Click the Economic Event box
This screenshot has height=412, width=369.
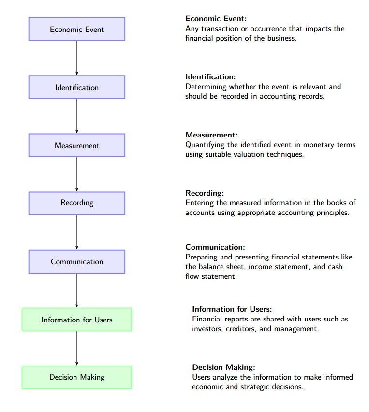tap(77, 29)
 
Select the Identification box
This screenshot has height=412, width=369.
tap(77, 87)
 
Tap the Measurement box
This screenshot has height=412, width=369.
tap(77, 145)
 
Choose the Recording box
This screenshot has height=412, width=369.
tap(77, 203)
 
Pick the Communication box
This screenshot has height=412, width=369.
tap(77, 261)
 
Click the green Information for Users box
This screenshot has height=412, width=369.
tap(77, 320)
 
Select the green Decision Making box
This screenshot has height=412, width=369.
tap(77, 377)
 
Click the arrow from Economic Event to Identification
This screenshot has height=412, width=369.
tap(77, 58)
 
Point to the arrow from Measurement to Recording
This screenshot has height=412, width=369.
tap(77, 174)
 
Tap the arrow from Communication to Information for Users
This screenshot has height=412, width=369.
tap(77, 290)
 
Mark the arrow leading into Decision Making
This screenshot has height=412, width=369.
tap(77, 348)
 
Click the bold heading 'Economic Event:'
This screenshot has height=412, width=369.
tap(216, 19)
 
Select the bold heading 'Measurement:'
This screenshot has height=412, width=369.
tap(211, 135)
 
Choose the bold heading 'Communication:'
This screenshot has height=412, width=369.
tap(215, 247)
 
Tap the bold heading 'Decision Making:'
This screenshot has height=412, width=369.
tap(223, 367)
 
